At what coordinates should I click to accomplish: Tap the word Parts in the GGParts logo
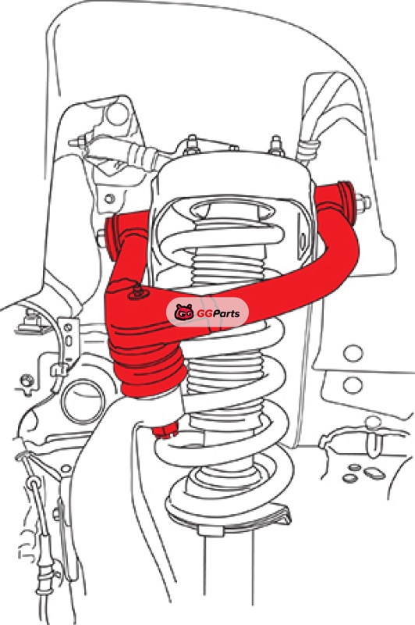225,313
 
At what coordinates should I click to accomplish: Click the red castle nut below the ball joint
165,430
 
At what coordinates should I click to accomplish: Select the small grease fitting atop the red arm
137,291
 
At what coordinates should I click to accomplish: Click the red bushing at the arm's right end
347,202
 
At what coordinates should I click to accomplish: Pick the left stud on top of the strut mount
192,145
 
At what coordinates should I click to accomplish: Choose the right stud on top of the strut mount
276,145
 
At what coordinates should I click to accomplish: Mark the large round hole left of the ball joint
84,402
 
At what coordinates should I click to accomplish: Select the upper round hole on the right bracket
353,353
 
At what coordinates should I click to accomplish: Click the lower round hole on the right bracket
352,385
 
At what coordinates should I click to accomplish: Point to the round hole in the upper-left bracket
118,113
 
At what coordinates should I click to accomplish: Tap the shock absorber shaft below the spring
229,574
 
